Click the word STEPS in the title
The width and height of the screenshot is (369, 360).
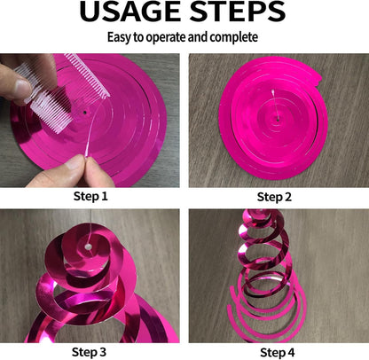[238, 12]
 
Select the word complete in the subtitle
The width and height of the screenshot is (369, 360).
[233, 37]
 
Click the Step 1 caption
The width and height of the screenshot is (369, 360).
[90, 196]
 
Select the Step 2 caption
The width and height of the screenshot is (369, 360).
[274, 197]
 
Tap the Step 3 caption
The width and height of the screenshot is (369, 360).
[89, 352]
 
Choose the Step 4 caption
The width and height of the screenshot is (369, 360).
[277, 352]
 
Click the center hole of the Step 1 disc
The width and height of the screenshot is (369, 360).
[85, 113]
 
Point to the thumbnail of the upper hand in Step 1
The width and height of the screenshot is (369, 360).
[22, 88]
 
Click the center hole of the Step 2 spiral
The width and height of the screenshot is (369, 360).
[278, 120]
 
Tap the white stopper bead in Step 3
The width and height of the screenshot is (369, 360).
[87, 247]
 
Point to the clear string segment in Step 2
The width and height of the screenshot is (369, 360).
[275, 105]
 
